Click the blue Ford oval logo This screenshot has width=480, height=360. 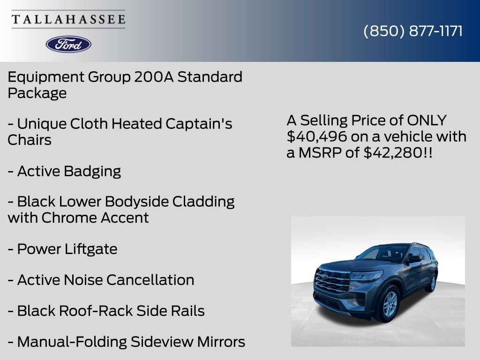[68, 44]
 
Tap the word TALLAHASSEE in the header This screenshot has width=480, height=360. [68, 19]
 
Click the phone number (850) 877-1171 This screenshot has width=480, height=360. [413, 31]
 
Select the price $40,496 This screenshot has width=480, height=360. [310, 136]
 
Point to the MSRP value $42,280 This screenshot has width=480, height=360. [393, 152]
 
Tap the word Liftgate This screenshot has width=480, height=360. [90, 249]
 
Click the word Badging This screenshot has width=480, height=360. [92, 172]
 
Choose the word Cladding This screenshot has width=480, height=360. [203, 202]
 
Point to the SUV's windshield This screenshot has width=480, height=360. [382, 253]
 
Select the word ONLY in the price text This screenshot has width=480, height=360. [427, 120]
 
